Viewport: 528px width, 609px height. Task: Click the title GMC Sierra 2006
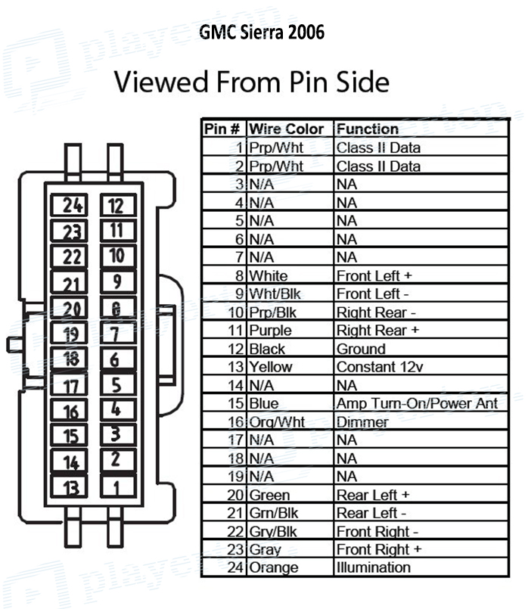click(262, 32)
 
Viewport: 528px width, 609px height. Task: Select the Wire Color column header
click(287, 129)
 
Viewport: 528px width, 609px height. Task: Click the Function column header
click(368, 129)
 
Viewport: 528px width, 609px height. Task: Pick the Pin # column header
click(224, 129)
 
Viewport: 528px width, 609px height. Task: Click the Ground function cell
click(361, 349)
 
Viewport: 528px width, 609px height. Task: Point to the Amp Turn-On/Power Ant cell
click(417, 403)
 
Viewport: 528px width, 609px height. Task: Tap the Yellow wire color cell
click(270, 367)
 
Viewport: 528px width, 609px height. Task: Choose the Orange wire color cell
click(274, 567)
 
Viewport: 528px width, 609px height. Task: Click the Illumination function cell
click(374, 567)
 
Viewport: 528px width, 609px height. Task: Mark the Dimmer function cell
click(362, 422)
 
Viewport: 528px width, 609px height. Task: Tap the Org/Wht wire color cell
click(278, 422)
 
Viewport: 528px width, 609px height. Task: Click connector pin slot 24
click(73, 204)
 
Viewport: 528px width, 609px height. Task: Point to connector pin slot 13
click(71, 486)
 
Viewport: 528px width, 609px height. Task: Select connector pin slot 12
click(116, 205)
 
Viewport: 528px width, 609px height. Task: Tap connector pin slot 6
click(115, 359)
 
